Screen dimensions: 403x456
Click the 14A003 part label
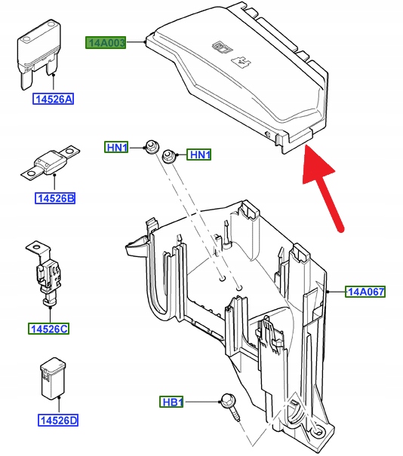point(106,43)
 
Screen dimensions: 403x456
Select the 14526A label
point(53,99)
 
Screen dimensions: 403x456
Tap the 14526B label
point(55,198)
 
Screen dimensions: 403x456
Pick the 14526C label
point(48,329)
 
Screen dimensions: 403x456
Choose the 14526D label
point(58,421)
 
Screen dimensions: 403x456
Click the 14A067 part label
point(365,292)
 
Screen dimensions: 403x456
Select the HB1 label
point(171,402)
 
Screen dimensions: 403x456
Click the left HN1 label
point(116,148)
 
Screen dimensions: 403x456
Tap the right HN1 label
point(199,155)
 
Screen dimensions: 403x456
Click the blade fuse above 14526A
point(39,54)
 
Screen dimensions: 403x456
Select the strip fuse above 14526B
point(51,162)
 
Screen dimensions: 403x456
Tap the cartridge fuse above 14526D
point(52,378)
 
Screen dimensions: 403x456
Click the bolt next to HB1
point(231,406)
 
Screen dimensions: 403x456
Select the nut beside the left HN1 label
point(152,147)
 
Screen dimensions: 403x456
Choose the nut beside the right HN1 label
point(168,157)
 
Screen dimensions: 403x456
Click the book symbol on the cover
point(223,47)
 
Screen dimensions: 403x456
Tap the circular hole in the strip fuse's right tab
point(69,151)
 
